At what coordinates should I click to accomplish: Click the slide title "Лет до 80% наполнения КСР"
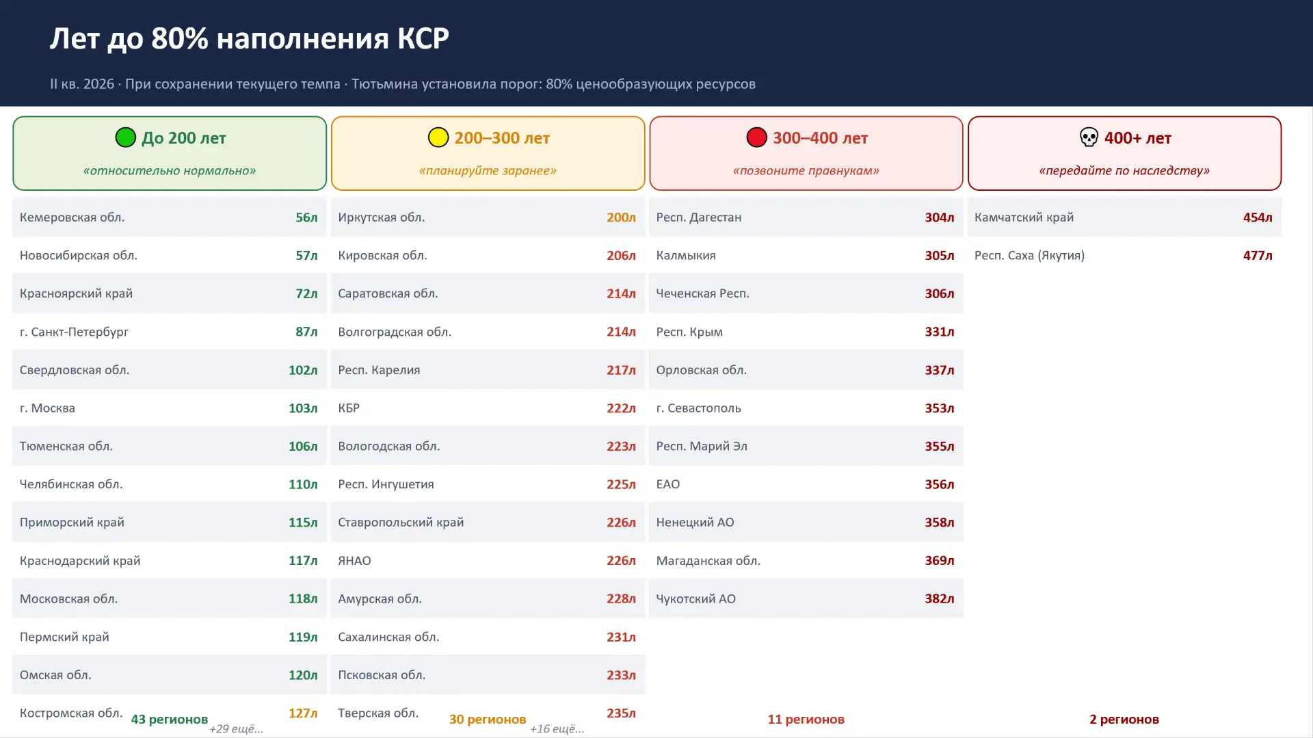click(x=249, y=39)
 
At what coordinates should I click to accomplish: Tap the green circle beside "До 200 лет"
click(x=126, y=137)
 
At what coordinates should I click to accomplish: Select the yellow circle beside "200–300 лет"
click(x=438, y=137)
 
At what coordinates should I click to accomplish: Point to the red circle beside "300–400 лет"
click(x=757, y=137)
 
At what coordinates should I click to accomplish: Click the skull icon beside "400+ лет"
click(x=1089, y=137)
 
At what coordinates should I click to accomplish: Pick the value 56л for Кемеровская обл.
click(x=306, y=218)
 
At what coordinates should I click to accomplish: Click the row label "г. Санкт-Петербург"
click(x=74, y=332)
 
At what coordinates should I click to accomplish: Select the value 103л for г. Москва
click(x=303, y=408)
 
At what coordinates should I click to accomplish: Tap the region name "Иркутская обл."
click(x=381, y=218)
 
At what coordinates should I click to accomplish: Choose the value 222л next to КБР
click(x=621, y=408)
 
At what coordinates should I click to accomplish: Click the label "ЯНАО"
click(x=354, y=561)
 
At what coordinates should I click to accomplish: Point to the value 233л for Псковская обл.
click(x=621, y=675)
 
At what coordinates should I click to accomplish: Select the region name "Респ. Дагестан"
click(x=698, y=218)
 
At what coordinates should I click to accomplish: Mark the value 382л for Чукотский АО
click(x=940, y=598)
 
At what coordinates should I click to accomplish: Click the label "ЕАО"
click(x=667, y=484)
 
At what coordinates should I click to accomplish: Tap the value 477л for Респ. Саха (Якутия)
click(x=1258, y=256)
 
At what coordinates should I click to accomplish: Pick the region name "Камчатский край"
click(x=1024, y=218)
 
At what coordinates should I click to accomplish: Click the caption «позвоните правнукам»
click(x=806, y=170)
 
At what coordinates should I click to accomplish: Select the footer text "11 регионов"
click(x=806, y=720)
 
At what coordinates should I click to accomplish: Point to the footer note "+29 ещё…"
click(x=236, y=729)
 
